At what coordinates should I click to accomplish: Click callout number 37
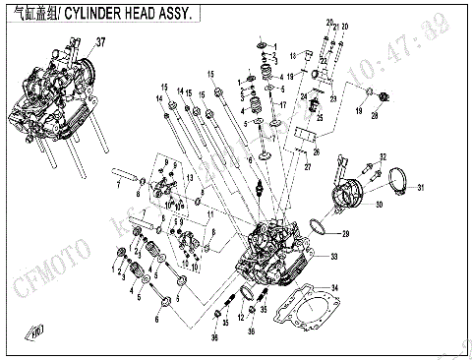click(98, 42)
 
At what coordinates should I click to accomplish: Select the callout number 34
click(336, 287)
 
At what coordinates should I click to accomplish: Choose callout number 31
click(419, 187)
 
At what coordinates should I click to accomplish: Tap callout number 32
click(383, 156)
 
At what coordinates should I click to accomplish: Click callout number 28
click(374, 116)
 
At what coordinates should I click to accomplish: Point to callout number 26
click(316, 152)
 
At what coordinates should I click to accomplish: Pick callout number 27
click(307, 167)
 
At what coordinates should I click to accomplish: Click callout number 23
click(333, 97)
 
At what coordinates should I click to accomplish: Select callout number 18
click(290, 76)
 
